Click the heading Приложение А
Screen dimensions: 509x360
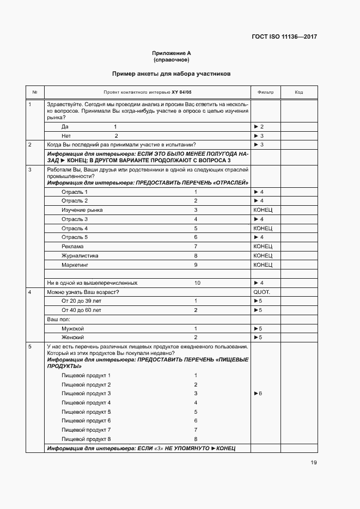point(172,53)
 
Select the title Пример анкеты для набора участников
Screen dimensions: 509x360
point(172,73)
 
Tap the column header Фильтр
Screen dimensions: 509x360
point(265,92)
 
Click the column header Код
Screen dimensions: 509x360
point(299,92)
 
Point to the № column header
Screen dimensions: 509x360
point(35,92)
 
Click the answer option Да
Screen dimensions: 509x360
point(65,126)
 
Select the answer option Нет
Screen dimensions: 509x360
point(66,136)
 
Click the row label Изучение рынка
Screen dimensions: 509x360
point(82,210)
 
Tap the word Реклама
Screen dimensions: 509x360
point(72,247)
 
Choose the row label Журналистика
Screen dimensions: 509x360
point(80,255)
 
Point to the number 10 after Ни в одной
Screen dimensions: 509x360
point(197,283)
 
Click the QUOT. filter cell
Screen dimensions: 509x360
point(261,292)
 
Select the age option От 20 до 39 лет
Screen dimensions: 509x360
point(82,301)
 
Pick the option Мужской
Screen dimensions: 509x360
point(73,329)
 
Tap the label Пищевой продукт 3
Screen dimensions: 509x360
point(86,393)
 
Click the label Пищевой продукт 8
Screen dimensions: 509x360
point(86,439)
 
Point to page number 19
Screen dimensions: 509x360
point(313,463)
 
